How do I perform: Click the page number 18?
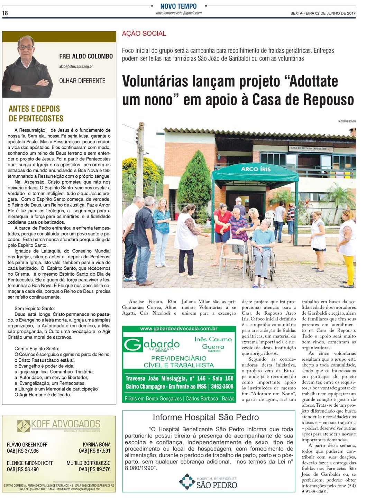click(5, 13)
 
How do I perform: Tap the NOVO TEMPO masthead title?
click(178, 6)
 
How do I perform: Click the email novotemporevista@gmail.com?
click(179, 13)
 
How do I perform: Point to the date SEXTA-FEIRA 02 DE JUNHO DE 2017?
click(323, 13)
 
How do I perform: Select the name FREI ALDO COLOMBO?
click(86, 56)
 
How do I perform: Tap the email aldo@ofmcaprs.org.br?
click(76, 66)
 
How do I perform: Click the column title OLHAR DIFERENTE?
click(82, 81)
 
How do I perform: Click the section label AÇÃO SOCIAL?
click(144, 34)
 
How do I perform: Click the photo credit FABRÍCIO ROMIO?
click(346, 121)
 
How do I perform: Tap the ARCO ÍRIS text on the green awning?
click(256, 169)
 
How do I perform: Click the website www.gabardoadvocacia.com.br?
click(179, 329)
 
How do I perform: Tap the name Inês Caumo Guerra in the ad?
click(213, 343)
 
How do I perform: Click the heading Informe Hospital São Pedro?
click(205, 417)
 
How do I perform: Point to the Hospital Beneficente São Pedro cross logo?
click(187, 481)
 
